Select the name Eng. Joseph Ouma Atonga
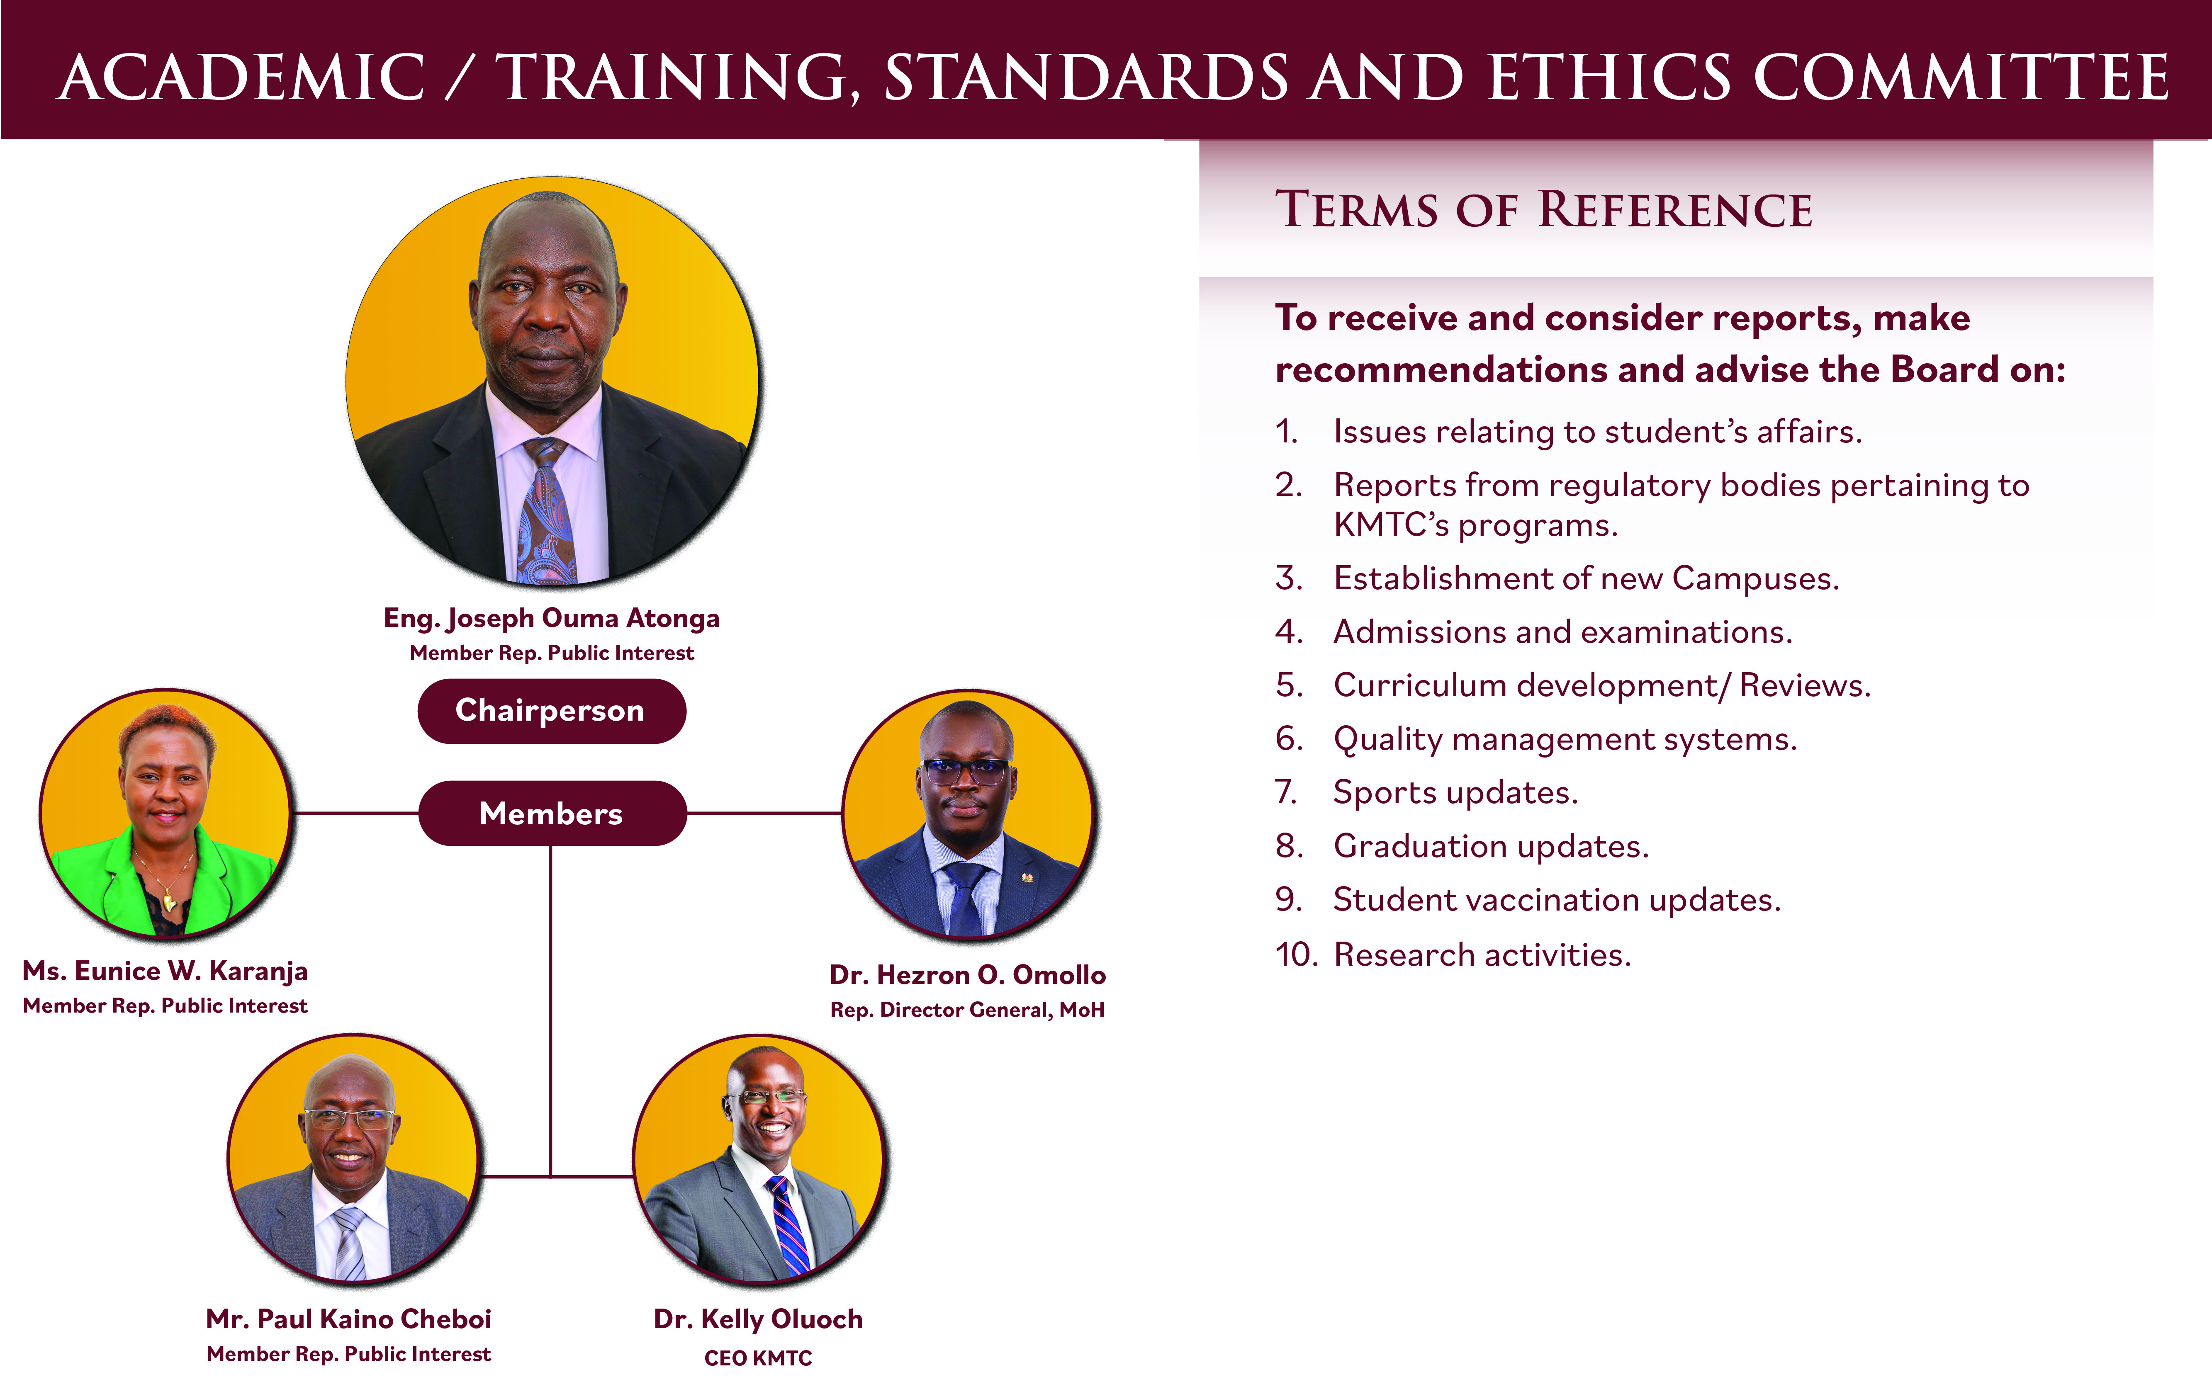click(551, 619)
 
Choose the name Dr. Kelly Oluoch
click(758, 1319)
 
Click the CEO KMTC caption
click(758, 1358)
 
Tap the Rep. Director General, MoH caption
click(967, 1010)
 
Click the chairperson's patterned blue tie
click(548, 512)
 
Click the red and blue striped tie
click(788, 1225)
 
